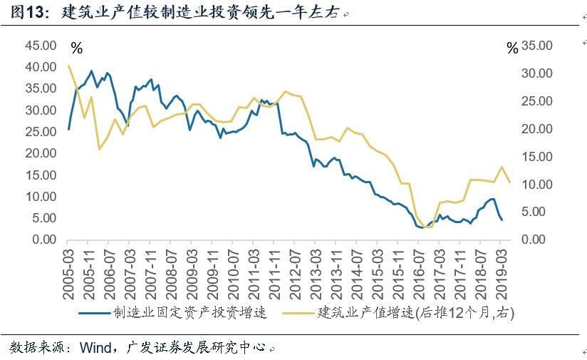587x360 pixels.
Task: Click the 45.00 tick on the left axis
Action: coord(41,46)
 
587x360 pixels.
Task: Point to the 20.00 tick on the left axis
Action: coord(41,153)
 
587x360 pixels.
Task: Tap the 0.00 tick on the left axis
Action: coord(43,240)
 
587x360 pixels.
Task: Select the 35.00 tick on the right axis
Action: coord(536,46)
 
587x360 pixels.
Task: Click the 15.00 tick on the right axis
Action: coord(536,157)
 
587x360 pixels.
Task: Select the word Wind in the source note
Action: coord(95,347)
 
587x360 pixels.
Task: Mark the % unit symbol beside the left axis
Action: coord(77,48)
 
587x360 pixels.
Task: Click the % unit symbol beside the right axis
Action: coord(512,48)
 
